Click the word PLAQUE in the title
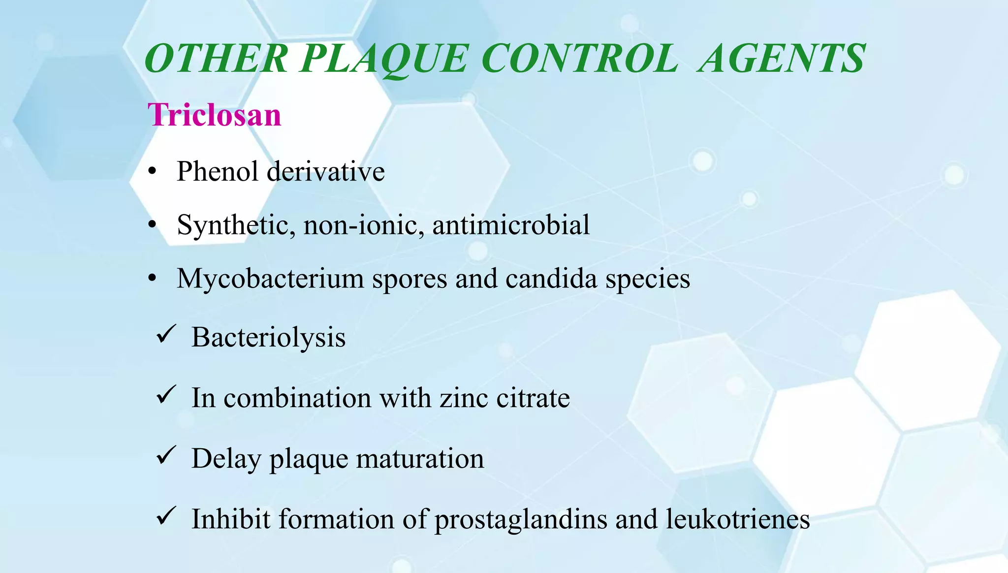pos(383,60)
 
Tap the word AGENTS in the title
pos(781,59)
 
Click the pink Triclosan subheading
pos(215,115)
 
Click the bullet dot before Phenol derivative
pos(153,172)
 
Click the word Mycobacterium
pos(270,279)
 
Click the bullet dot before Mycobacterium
pos(153,279)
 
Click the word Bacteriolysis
pos(268,338)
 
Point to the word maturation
pos(420,458)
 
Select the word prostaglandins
pos(521,519)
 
